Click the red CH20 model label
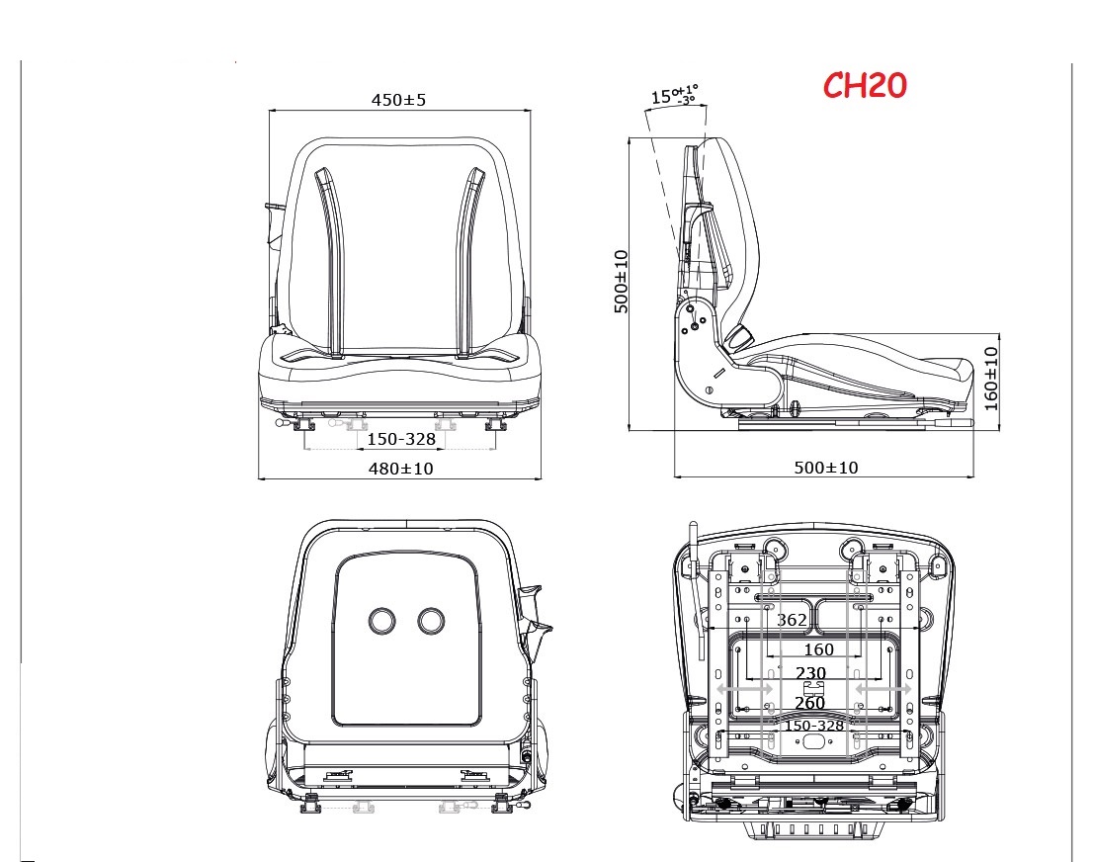coord(865,86)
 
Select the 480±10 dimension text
coord(400,468)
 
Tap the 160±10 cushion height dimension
coord(991,378)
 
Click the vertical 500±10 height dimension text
coord(621,282)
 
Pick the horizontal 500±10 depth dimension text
coord(826,468)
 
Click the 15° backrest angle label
coord(674,96)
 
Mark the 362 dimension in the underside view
coord(792,620)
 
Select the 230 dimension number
coord(810,673)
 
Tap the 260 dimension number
coord(809,703)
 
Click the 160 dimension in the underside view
coord(818,649)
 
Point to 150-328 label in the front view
coord(401,438)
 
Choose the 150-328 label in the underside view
coord(814,726)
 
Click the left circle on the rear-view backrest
coord(381,620)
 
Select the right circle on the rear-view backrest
coord(431,620)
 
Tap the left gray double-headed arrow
coord(744,687)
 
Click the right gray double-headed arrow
coord(883,687)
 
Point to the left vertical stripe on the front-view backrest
coord(331,262)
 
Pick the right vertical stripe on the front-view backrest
coord(470,262)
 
